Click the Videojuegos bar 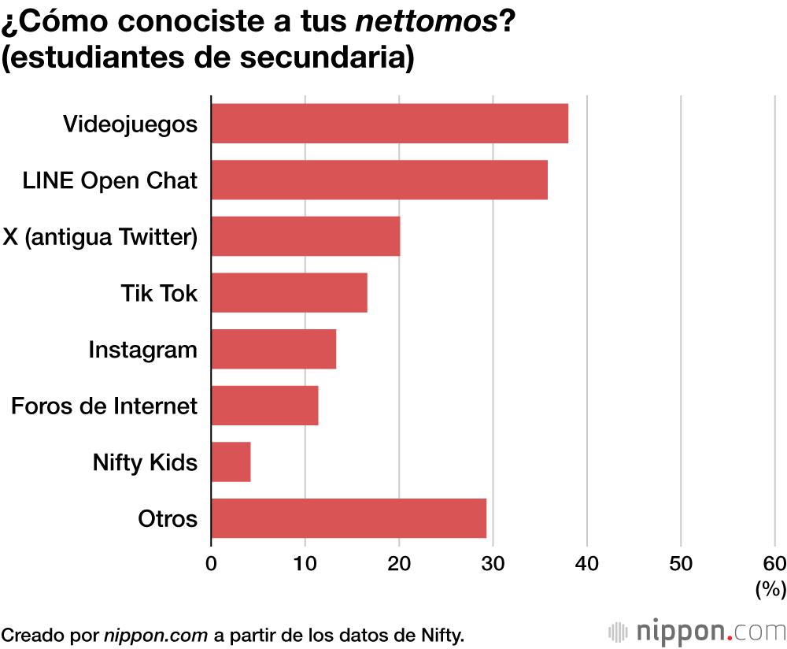pos(390,124)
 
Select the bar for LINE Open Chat pos(379,180)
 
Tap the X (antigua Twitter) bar pos(305,236)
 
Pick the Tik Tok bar pos(289,293)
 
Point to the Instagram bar pos(274,349)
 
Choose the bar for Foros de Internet pos(264,406)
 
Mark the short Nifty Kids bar pos(231,462)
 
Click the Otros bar pos(349,518)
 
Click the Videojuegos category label pos(130,124)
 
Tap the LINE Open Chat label pos(109,180)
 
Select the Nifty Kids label pos(145,462)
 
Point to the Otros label pos(168,519)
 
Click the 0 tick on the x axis pos(211,564)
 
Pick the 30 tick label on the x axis pos(493,564)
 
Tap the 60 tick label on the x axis pos(774,564)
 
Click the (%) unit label pos(770,588)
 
